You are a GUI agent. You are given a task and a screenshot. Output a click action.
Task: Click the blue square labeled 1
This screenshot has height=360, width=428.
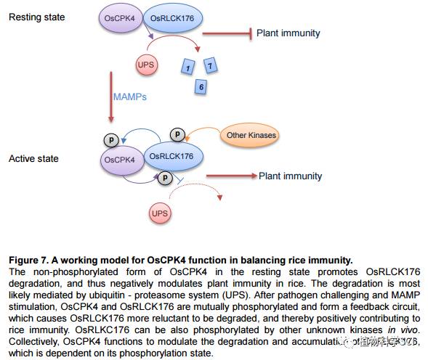(188, 68)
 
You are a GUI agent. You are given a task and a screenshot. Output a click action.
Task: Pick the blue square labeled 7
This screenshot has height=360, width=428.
(210, 67)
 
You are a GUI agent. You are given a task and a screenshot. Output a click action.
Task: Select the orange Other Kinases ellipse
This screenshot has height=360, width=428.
(251, 135)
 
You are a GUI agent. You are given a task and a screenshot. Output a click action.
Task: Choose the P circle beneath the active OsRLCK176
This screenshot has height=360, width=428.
(166, 176)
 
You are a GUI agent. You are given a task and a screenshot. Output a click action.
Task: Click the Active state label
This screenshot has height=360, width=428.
(33, 158)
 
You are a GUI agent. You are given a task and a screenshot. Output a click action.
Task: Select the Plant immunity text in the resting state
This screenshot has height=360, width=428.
(289, 33)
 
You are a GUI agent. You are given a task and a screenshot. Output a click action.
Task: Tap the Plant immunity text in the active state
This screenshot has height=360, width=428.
(290, 176)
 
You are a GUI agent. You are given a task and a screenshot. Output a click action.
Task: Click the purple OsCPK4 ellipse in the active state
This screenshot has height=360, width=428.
(119, 160)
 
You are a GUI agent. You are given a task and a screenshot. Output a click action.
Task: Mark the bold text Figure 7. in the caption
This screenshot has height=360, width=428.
(28, 260)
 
